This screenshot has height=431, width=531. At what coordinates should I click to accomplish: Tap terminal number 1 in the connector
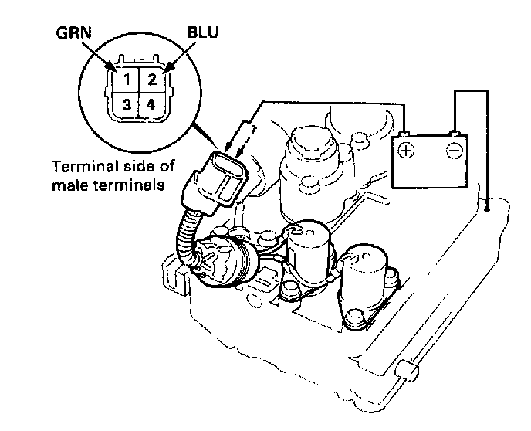click(x=125, y=80)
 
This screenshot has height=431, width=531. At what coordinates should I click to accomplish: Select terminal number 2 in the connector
click(x=152, y=80)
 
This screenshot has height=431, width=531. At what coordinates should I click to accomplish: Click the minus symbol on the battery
click(x=456, y=150)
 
